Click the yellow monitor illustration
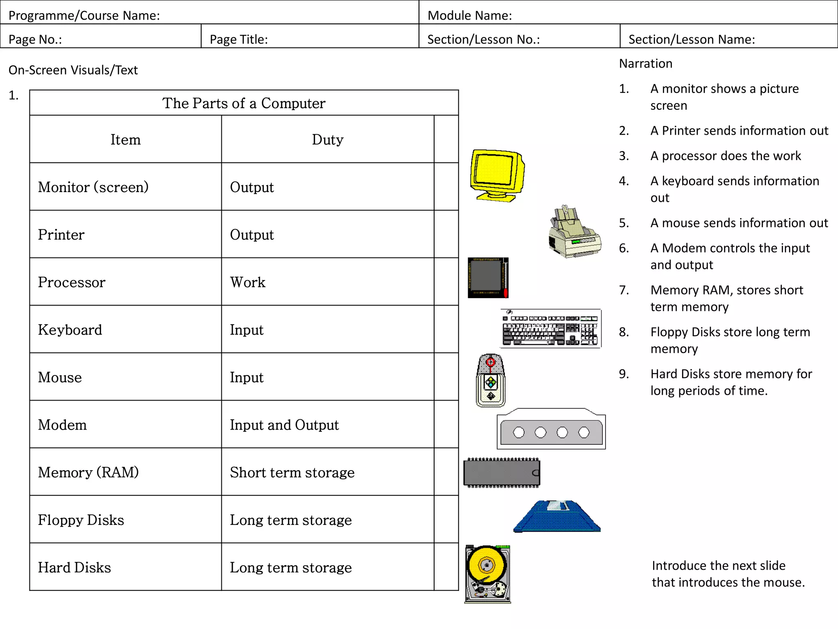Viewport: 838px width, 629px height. pyautogui.click(x=497, y=175)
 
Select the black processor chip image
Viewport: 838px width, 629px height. pyautogui.click(x=488, y=278)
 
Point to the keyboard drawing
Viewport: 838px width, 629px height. pyautogui.click(x=551, y=328)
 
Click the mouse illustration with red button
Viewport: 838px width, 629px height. pyautogui.click(x=491, y=380)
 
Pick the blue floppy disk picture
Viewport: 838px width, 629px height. pyautogui.click(x=557, y=517)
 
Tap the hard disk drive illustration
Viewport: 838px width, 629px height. pyautogui.click(x=488, y=574)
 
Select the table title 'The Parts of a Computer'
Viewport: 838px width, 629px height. pyautogui.click(x=244, y=103)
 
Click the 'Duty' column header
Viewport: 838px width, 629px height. pyautogui.click(x=327, y=140)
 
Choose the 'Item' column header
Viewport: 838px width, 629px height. pyautogui.click(x=126, y=140)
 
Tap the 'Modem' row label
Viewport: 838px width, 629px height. pyautogui.click(x=63, y=425)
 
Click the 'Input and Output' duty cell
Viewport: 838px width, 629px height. pyautogui.click(x=284, y=425)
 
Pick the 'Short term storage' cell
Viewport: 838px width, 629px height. pyautogui.click(x=292, y=473)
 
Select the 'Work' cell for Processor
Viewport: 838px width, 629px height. pyautogui.click(x=248, y=283)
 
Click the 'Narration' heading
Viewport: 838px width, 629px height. pyautogui.click(x=646, y=64)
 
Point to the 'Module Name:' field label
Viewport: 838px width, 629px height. pyautogui.click(x=470, y=16)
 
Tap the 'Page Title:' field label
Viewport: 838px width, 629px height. pyautogui.click(x=239, y=39)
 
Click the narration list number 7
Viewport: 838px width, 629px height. pyautogui.click(x=624, y=290)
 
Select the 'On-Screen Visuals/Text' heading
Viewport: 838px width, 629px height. pyautogui.click(x=73, y=70)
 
